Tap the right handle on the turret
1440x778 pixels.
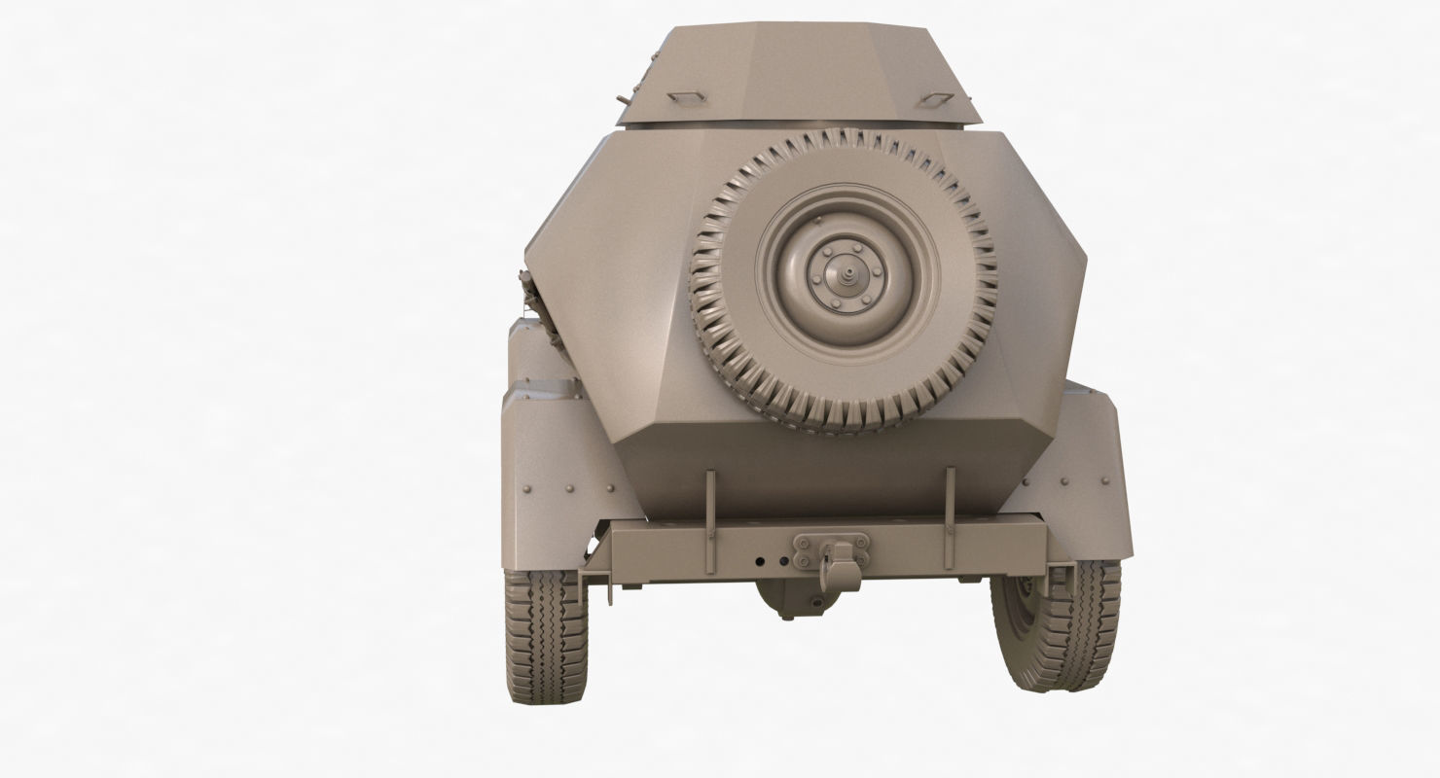click(x=936, y=99)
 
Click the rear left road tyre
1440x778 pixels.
click(x=546, y=635)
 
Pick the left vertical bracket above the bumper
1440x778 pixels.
click(x=710, y=521)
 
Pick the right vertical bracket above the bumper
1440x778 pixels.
click(x=950, y=519)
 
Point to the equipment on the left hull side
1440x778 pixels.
click(x=541, y=311)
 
